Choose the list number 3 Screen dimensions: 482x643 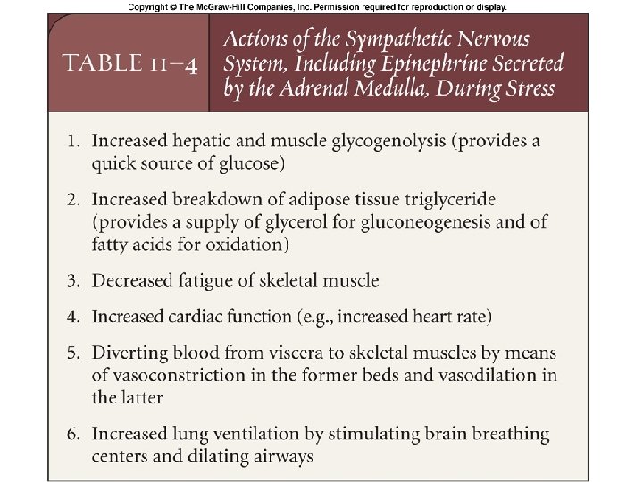click(x=78, y=281)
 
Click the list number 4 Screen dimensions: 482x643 click(x=78, y=317)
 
